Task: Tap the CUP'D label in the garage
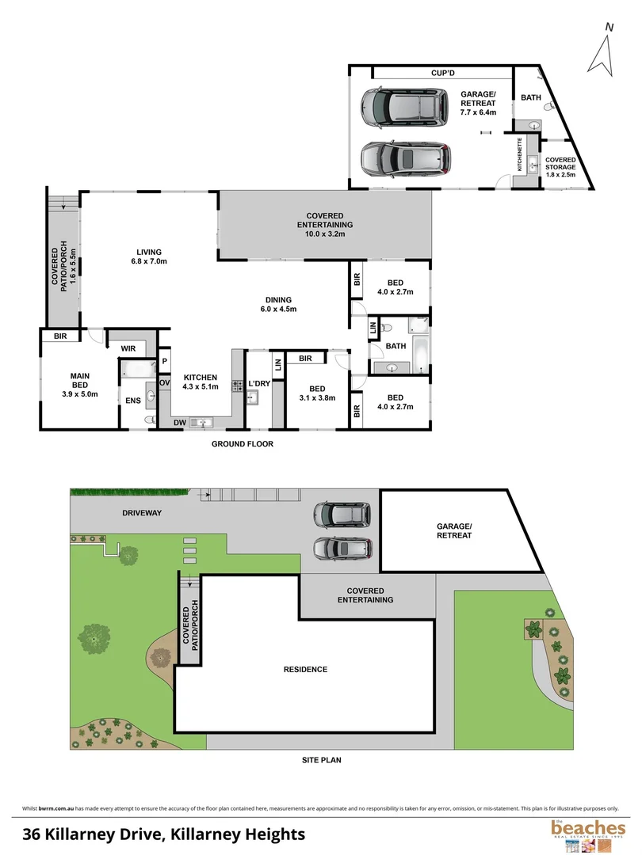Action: coord(442,73)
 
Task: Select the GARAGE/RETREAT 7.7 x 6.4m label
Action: coord(478,103)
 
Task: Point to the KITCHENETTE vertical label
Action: coord(520,158)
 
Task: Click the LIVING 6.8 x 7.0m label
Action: coord(149,256)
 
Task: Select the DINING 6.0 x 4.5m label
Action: coord(281,304)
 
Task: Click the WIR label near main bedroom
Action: coord(129,348)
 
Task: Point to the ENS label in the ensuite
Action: coord(132,401)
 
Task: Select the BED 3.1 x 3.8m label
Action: coord(316,393)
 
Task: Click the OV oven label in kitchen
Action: coord(164,382)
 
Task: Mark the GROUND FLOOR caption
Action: coord(242,444)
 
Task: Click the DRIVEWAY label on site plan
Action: coord(142,513)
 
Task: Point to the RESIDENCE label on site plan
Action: coord(305,669)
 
